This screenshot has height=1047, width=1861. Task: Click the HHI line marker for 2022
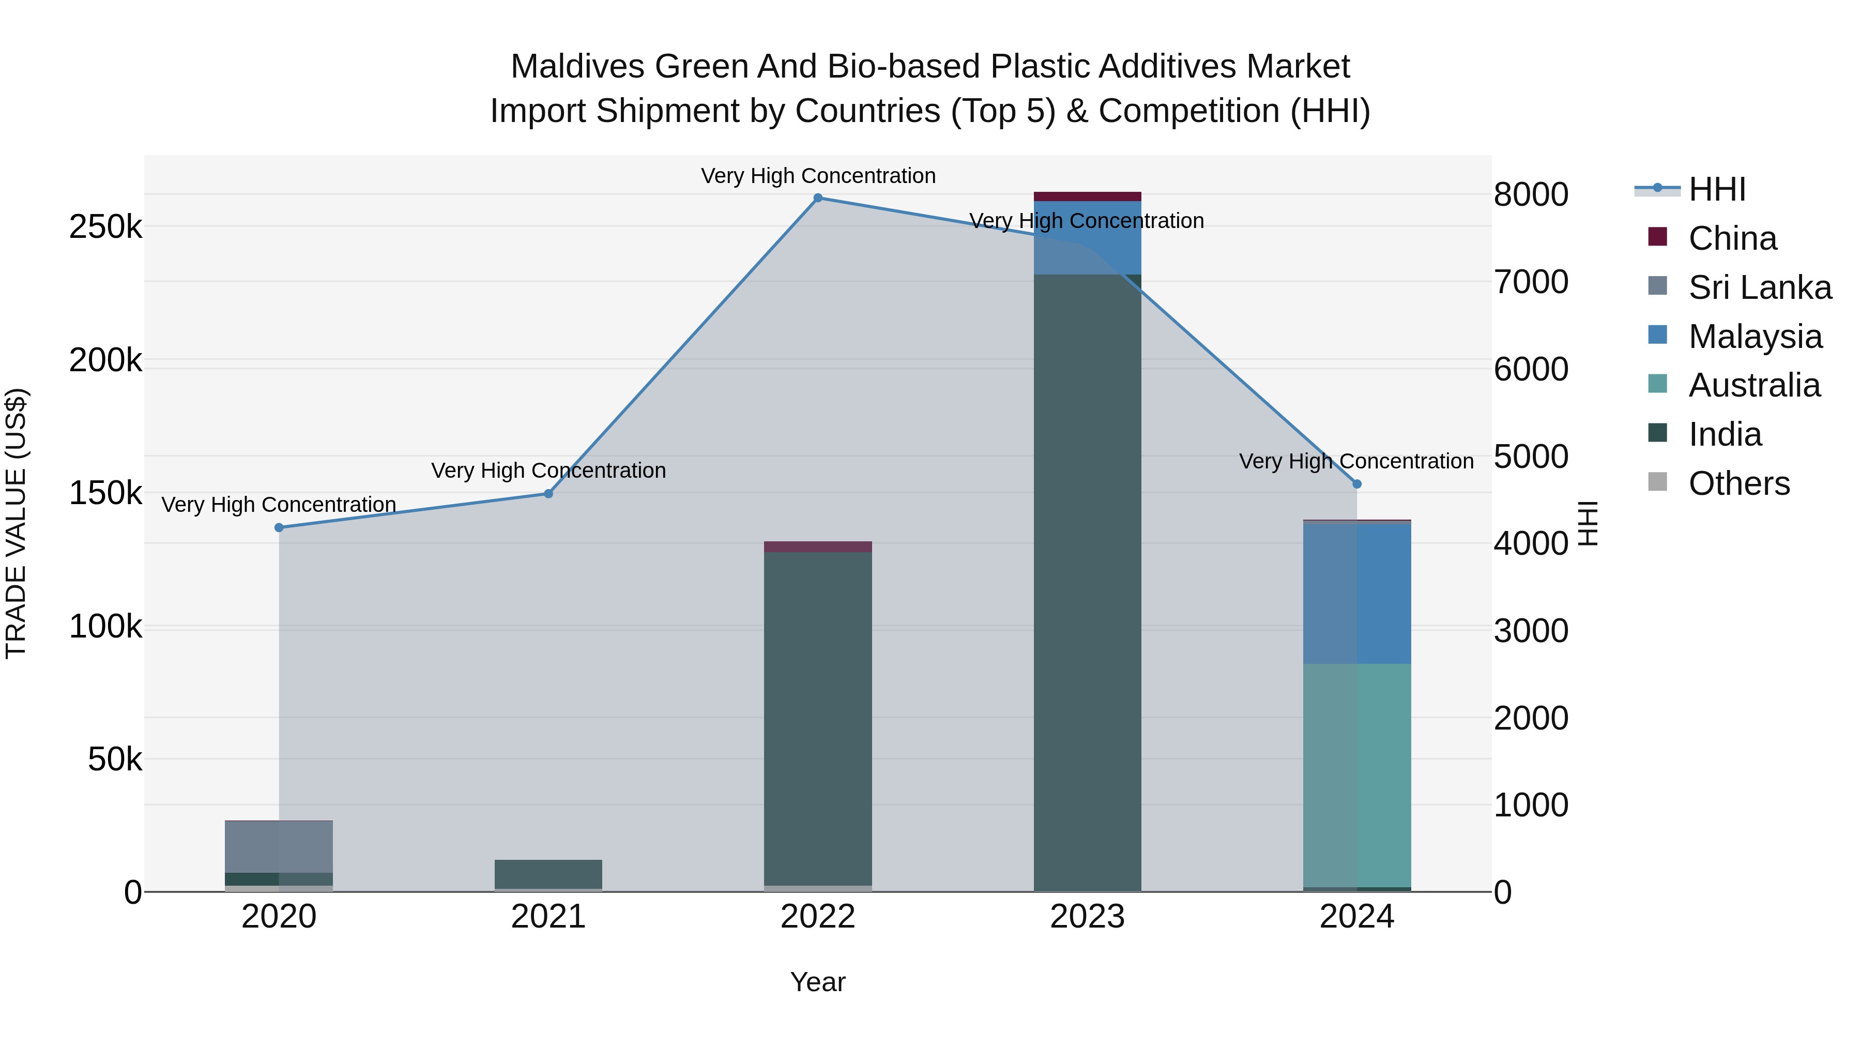(x=818, y=198)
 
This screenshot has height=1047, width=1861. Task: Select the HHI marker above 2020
(x=279, y=527)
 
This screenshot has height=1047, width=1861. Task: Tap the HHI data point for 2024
(x=1357, y=484)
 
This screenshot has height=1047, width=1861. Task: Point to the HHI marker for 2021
(x=548, y=494)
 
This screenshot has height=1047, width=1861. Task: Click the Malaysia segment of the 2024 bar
(x=1357, y=593)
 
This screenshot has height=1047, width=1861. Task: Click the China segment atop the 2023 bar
(x=1087, y=196)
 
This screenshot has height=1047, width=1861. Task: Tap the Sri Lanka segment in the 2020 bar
(x=279, y=847)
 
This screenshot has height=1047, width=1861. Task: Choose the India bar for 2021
(x=548, y=874)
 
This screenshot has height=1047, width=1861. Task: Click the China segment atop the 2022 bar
(x=818, y=547)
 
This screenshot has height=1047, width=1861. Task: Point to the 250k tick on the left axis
(x=105, y=227)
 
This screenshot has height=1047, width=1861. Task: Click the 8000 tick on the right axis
(x=1531, y=194)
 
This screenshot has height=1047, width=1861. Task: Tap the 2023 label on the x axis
(x=1087, y=917)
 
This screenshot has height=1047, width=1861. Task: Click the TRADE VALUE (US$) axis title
(x=17, y=523)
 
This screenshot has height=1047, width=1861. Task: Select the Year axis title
(x=818, y=982)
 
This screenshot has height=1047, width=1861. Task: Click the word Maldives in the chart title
(x=577, y=67)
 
